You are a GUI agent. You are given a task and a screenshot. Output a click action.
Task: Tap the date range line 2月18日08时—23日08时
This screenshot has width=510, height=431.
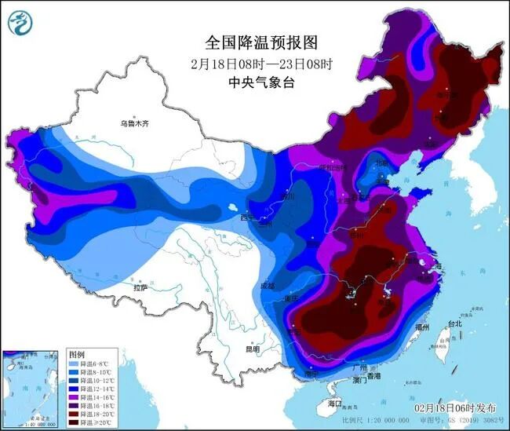[253, 63]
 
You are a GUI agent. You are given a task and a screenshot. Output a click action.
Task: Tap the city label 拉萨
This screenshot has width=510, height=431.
[140, 288]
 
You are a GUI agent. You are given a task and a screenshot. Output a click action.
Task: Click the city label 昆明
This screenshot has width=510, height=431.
[251, 349]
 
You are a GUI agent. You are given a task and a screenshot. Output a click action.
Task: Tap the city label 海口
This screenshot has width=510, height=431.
[335, 404]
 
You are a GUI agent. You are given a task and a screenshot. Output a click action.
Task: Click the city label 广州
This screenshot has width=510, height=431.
[360, 367]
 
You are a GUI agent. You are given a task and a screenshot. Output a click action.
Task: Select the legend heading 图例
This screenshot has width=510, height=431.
[76, 354]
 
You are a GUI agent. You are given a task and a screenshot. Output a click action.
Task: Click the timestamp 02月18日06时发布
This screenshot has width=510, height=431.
[454, 409]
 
